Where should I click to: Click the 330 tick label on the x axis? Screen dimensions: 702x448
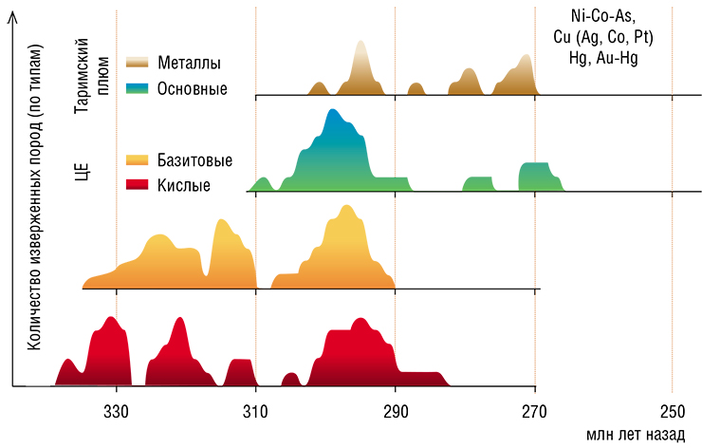pyautogui.click(x=116, y=411)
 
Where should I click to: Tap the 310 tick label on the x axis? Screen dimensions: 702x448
pyautogui.click(x=255, y=411)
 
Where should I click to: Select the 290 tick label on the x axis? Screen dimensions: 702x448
pyautogui.click(x=396, y=411)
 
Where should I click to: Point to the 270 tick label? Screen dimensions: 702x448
pyautogui.click(x=534, y=411)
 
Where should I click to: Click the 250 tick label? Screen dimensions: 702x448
pyautogui.click(x=673, y=411)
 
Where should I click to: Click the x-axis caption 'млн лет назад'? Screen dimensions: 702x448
pyautogui.click(x=636, y=434)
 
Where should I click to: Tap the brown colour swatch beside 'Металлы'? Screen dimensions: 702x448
pyautogui.click(x=137, y=63)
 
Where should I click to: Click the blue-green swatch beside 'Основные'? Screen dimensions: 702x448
pyautogui.click(x=137, y=88)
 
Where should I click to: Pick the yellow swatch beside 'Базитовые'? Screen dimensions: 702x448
pyautogui.click(x=137, y=160)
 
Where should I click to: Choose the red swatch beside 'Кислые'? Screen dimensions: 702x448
pyautogui.click(x=137, y=184)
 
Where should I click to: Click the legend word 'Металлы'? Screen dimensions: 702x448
pyautogui.click(x=189, y=63)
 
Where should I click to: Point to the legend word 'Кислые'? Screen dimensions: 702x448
pyautogui.click(x=183, y=184)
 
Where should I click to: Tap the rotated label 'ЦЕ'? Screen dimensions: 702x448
pyautogui.click(x=82, y=172)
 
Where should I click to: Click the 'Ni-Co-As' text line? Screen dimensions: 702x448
pyautogui.click(x=603, y=16)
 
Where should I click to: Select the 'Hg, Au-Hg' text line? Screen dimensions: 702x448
pyautogui.click(x=603, y=58)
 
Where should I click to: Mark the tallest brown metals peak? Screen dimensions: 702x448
pyautogui.click(x=360, y=41)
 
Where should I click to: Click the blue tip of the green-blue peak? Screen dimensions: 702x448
pyautogui.click(x=333, y=110)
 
